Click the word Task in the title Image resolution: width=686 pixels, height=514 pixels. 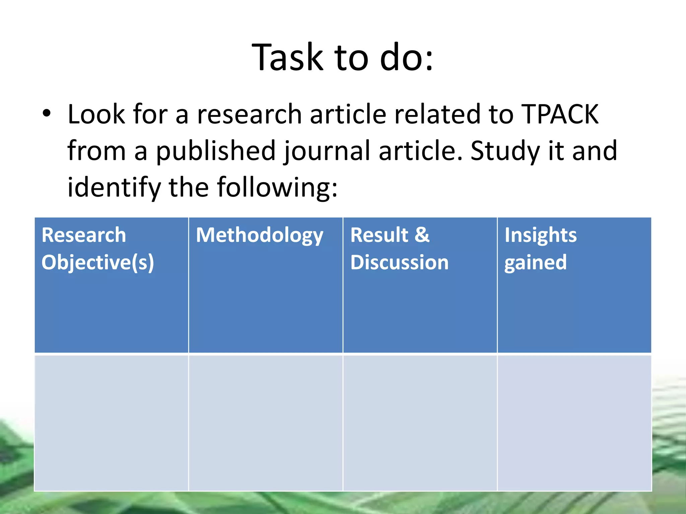coord(287,58)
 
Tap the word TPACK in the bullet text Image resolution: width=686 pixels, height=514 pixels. coord(560,114)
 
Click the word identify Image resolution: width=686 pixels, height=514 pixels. coord(114,187)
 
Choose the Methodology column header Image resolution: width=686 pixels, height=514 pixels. coord(260,235)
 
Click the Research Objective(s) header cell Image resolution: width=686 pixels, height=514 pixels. coord(111,284)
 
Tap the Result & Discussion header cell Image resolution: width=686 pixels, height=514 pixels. coord(420,284)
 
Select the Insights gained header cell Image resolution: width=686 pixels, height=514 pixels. coord(574,284)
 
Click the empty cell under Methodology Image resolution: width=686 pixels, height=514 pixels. coord(266,423)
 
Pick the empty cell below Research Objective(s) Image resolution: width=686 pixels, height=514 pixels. coord(111,423)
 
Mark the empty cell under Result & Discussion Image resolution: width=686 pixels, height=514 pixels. coord(420,423)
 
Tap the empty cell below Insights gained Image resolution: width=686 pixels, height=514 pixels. coord(574,423)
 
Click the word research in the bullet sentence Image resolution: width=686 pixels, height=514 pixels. coord(249,114)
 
